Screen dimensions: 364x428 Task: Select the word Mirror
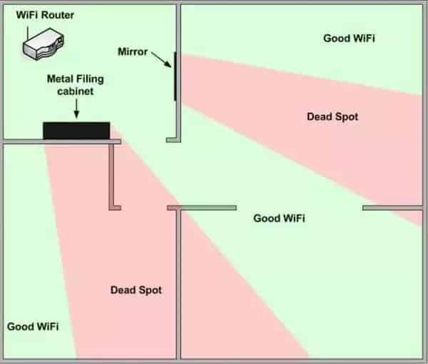(132, 52)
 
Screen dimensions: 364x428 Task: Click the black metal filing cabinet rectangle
(76, 131)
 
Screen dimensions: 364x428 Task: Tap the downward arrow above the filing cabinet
(76, 109)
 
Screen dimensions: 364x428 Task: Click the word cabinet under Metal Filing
(76, 92)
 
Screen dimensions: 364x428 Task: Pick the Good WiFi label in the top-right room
(350, 39)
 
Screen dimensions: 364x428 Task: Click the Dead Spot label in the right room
(332, 116)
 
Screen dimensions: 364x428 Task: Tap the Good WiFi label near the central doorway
(279, 218)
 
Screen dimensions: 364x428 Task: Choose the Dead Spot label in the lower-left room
(136, 290)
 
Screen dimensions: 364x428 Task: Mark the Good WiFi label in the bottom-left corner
(33, 326)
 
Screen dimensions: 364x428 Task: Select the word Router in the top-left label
(59, 14)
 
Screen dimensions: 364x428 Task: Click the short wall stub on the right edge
(392, 208)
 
